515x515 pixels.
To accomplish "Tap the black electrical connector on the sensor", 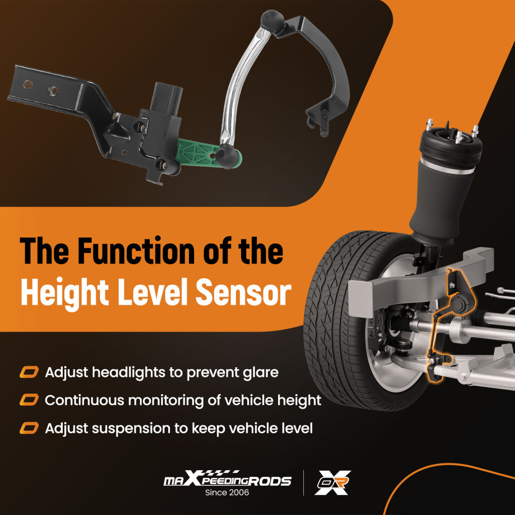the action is pyautogui.click(x=167, y=98).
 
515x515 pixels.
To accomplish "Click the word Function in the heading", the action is pyautogui.click(x=138, y=251).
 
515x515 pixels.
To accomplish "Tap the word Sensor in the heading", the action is pyautogui.click(x=244, y=291).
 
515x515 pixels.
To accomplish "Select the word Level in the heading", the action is pyautogui.click(x=152, y=291).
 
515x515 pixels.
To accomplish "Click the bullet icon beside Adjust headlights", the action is pyautogui.click(x=29, y=372).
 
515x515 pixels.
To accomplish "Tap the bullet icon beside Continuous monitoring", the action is pyautogui.click(x=29, y=400).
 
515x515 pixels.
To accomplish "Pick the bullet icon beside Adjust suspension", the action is pyautogui.click(x=29, y=428).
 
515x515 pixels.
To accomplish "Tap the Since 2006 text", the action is pyautogui.click(x=227, y=492).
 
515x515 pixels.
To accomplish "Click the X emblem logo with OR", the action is pyautogui.click(x=332, y=482).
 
